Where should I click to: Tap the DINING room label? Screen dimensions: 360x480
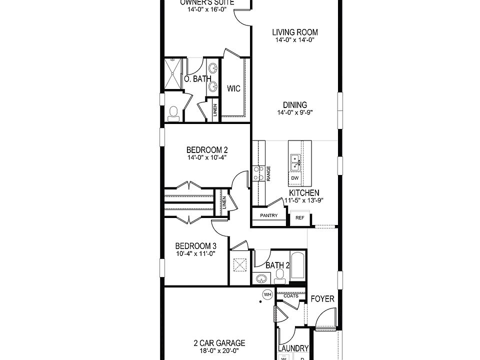(x=295, y=105)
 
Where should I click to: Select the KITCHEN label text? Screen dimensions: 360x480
(x=304, y=193)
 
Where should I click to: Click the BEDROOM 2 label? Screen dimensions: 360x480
(x=207, y=149)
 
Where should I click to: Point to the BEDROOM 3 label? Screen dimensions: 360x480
(x=195, y=246)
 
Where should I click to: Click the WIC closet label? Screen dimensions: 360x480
(x=233, y=89)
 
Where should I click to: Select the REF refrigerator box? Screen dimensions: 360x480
(x=300, y=218)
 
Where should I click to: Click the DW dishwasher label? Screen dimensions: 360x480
(x=294, y=178)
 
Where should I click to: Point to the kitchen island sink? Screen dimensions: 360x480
(x=295, y=160)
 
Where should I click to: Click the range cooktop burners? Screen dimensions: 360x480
(x=259, y=173)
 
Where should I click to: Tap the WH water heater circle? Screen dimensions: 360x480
(x=267, y=294)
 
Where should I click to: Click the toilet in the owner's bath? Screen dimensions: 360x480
(x=174, y=113)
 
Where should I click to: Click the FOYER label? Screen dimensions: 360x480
(x=322, y=299)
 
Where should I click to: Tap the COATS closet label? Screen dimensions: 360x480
(x=291, y=296)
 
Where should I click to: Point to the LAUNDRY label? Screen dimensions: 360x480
(x=293, y=348)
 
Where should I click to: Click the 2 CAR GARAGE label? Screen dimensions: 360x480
(x=219, y=343)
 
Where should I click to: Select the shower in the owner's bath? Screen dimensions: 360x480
(x=173, y=73)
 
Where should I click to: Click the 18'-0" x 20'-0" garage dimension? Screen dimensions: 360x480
(x=219, y=351)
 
